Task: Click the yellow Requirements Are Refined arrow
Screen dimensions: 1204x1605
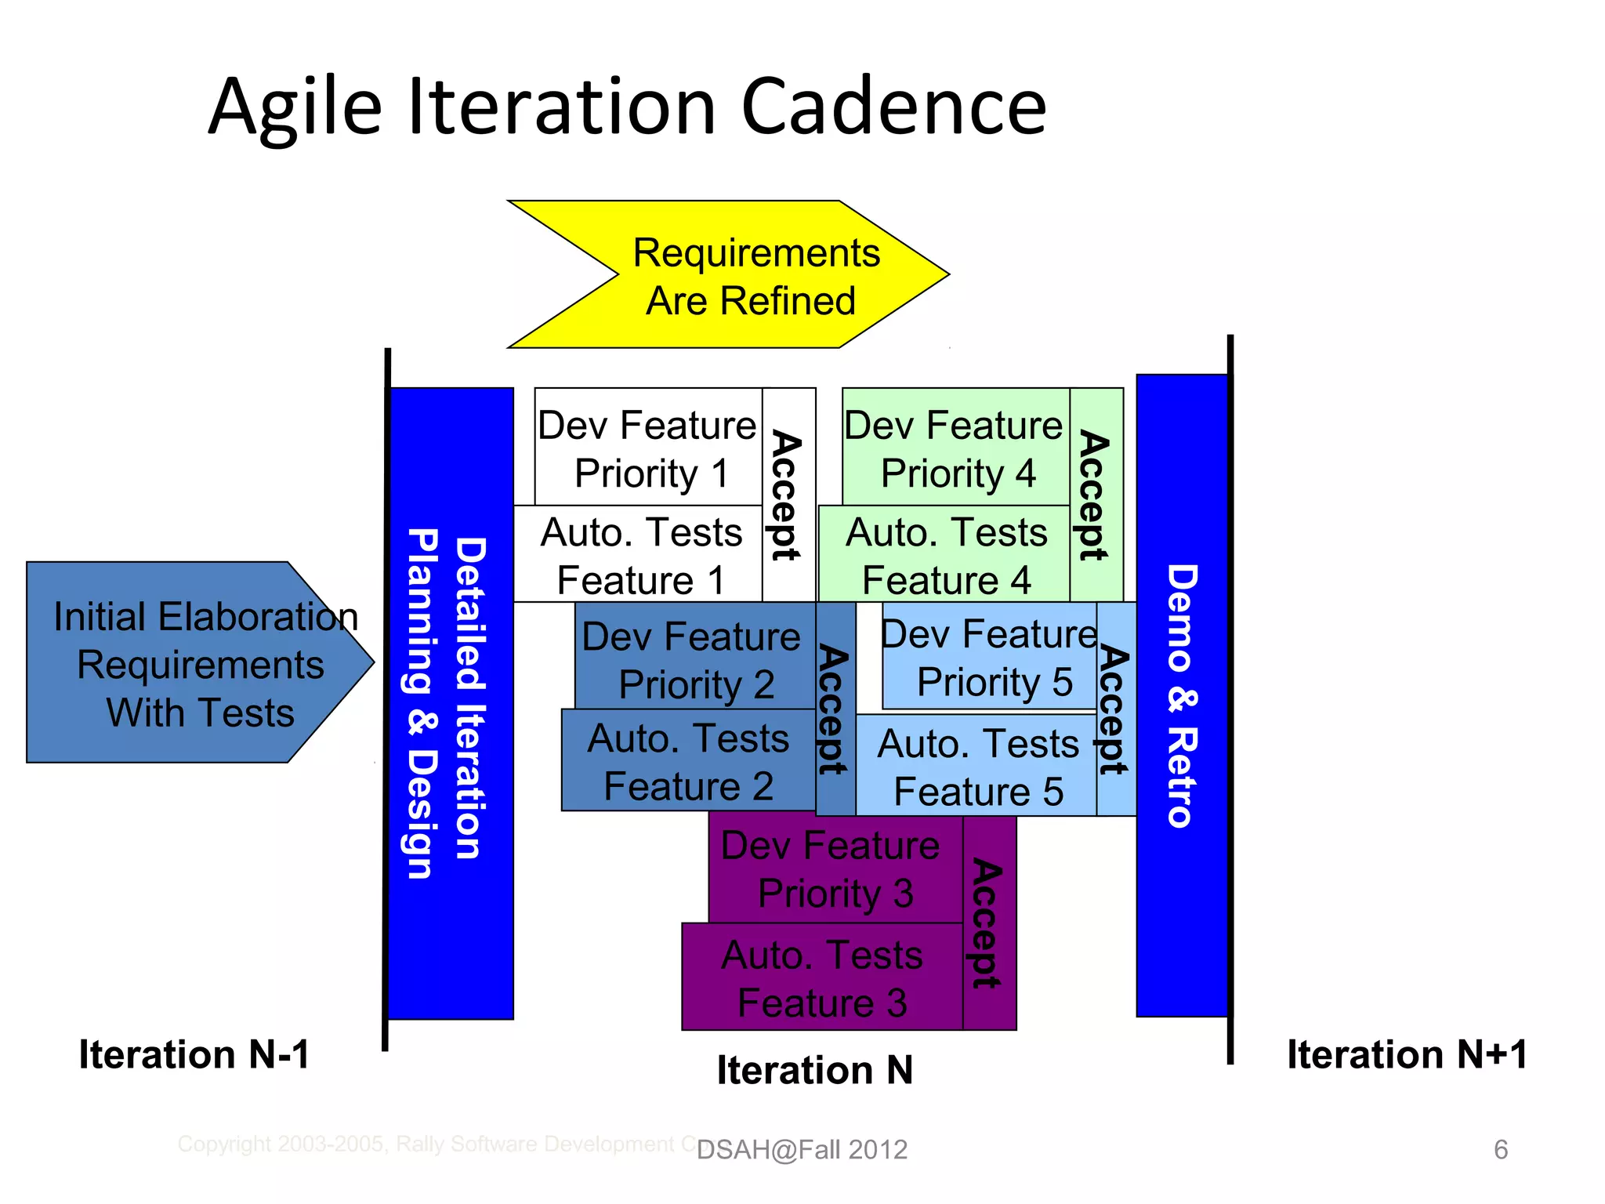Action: [752, 276]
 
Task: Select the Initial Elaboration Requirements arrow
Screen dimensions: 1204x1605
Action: [196, 663]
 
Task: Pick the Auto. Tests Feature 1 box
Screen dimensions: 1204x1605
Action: [639, 555]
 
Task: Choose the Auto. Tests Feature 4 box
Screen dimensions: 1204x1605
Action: [945, 555]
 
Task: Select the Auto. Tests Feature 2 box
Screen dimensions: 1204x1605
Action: [688, 761]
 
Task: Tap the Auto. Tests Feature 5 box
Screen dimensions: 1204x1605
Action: [976, 767]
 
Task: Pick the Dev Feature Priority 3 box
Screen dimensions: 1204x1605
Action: [834, 870]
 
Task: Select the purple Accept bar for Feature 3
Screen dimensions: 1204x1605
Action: [989, 923]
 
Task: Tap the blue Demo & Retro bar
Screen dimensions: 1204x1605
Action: [1182, 696]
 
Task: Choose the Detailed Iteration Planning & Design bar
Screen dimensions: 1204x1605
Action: [451, 704]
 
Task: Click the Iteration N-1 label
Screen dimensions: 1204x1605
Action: [194, 1055]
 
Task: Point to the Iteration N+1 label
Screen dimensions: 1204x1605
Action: [1407, 1055]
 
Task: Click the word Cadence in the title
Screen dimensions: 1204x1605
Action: [893, 107]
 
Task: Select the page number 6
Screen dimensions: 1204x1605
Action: [1500, 1150]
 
